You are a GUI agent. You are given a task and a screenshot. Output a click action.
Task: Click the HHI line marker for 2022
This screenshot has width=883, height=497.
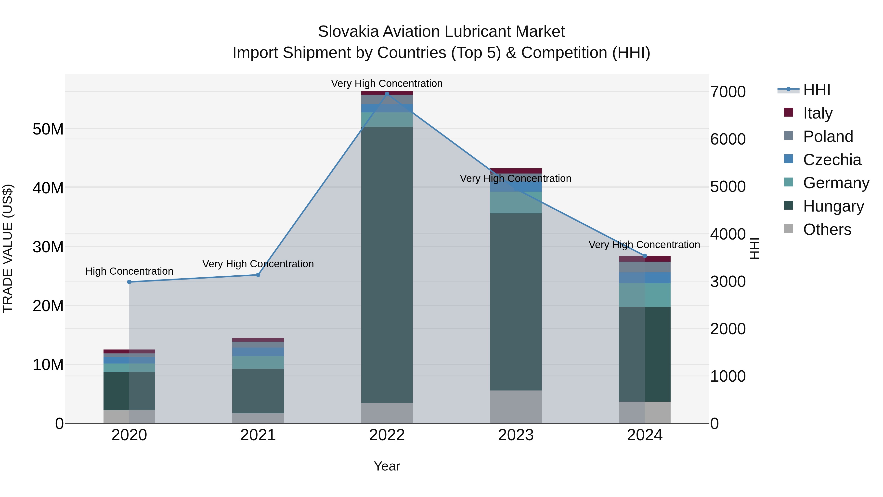[387, 94]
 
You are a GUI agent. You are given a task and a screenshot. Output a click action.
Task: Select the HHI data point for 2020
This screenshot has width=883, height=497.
[129, 282]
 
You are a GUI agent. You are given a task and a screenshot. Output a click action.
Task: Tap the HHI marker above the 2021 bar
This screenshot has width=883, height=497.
[258, 275]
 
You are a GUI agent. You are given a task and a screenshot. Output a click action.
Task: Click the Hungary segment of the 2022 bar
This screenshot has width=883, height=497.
[387, 264]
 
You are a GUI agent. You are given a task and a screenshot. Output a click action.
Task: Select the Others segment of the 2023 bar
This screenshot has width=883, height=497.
[516, 406]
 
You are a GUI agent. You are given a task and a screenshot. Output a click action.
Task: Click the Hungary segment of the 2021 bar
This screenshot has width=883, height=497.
[258, 391]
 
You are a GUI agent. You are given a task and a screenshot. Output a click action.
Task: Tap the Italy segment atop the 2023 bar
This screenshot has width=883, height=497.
[516, 171]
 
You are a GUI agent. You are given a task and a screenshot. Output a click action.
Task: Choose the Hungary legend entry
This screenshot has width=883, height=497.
[833, 206]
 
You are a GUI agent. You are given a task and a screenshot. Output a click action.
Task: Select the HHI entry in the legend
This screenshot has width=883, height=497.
[817, 90]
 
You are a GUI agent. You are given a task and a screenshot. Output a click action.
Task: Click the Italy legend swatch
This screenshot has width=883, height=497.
[788, 112]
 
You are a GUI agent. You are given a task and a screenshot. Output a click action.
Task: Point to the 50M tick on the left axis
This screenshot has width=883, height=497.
[48, 129]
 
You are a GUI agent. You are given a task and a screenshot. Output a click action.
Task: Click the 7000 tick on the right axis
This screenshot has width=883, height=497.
[728, 92]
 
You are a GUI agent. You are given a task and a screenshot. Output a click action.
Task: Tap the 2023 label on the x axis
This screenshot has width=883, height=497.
[516, 435]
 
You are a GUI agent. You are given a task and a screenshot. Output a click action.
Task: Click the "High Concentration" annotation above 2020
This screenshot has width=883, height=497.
[129, 271]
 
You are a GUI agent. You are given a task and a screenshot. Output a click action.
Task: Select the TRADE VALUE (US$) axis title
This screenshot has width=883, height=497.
[8, 248]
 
